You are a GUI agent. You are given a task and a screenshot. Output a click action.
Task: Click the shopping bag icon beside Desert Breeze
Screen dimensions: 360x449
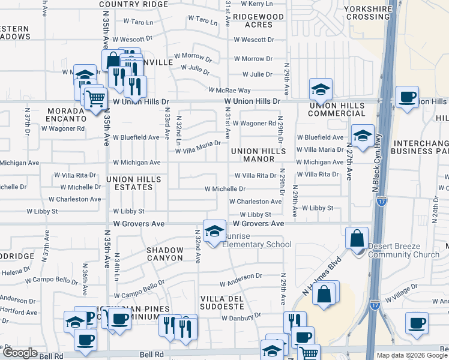click(x=357, y=238)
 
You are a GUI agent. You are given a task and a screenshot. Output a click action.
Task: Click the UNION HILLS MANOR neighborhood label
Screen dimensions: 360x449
click(x=258, y=155)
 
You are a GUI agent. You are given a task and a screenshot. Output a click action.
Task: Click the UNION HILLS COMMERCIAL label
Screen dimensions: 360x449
click(x=336, y=109)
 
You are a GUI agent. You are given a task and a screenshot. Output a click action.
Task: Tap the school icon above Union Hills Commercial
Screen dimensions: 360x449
click(x=321, y=89)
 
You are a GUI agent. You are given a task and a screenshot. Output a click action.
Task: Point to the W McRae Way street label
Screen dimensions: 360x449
click(x=229, y=90)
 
